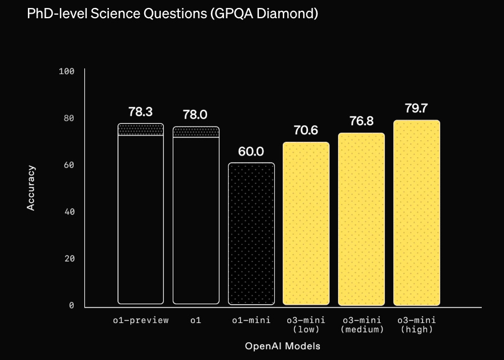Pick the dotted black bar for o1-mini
(251, 234)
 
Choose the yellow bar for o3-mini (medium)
(361, 219)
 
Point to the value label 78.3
(140, 112)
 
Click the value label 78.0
(195, 114)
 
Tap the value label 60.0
(251, 152)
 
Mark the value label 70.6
(306, 130)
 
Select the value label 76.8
(361, 121)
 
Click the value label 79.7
(417, 108)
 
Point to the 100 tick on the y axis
(67, 71)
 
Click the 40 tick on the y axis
(69, 212)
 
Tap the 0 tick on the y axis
(72, 306)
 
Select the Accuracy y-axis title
(31, 188)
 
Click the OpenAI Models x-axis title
(282, 346)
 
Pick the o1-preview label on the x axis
(140, 320)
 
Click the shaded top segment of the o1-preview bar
(140, 129)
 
